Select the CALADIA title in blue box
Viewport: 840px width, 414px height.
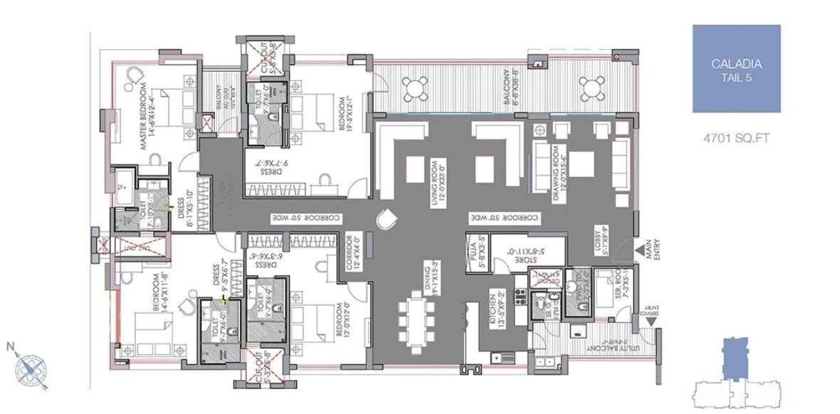[736, 65]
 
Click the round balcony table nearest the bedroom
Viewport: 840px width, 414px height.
[414, 89]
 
